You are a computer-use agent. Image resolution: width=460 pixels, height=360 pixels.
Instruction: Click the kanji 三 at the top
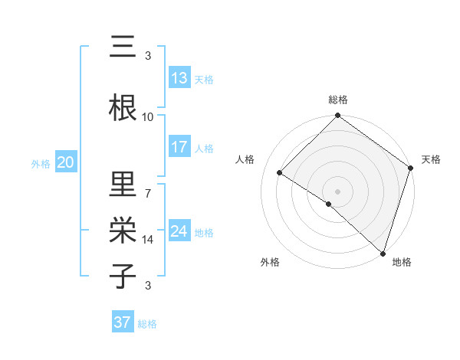(x=123, y=48)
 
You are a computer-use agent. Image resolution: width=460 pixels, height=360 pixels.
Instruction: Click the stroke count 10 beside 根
(x=148, y=116)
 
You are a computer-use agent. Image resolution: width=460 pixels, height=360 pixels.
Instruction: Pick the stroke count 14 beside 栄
(x=148, y=240)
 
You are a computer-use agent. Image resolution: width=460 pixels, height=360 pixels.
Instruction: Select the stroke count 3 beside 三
(x=148, y=55)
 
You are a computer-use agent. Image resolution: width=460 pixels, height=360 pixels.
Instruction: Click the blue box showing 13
(x=179, y=78)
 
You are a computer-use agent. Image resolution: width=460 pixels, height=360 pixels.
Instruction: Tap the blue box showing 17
(x=179, y=147)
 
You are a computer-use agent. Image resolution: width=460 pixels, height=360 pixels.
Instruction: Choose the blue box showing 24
(x=179, y=231)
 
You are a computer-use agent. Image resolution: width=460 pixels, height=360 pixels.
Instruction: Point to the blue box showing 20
(x=66, y=162)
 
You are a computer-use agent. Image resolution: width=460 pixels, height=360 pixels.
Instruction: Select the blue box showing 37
(x=123, y=322)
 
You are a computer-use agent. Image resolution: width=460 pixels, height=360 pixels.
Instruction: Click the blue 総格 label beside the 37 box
(x=147, y=324)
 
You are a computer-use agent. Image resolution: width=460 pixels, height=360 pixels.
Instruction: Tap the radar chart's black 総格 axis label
(x=337, y=100)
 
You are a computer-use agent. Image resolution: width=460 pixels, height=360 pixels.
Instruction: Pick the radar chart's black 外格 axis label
(x=270, y=262)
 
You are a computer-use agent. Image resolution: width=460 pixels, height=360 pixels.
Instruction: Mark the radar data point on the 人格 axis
(x=281, y=173)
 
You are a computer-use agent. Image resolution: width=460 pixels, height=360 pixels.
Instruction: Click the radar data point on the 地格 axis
(x=382, y=252)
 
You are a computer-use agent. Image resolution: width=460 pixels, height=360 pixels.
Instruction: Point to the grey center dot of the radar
(x=337, y=191)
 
